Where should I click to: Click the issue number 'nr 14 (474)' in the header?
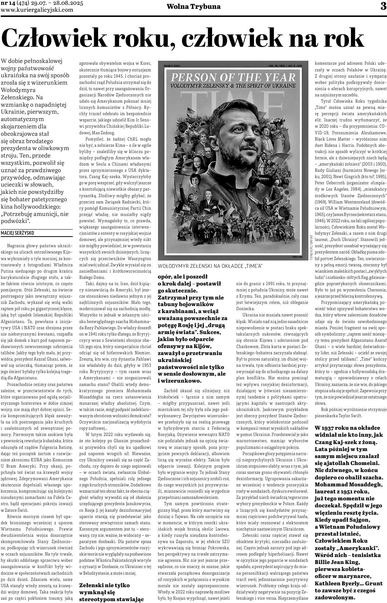coord(18,3)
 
